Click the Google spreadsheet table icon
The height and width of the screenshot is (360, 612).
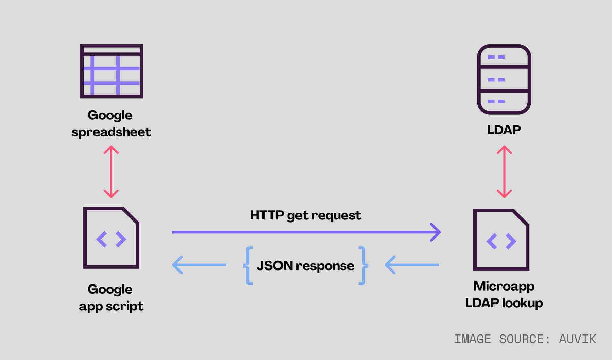(x=112, y=71)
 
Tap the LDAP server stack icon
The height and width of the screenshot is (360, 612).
(x=504, y=79)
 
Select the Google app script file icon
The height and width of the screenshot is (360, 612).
(x=111, y=238)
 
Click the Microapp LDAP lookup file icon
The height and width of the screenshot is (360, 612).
(x=501, y=240)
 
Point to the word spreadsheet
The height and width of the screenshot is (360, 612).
(x=111, y=132)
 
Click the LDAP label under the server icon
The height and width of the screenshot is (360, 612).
(x=504, y=130)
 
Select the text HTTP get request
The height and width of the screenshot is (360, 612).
(x=305, y=215)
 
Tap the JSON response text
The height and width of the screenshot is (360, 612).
(x=305, y=265)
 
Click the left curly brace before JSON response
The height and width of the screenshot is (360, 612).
(x=249, y=265)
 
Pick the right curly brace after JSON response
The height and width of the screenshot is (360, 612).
(x=363, y=265)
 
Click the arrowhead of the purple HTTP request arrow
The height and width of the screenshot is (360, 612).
(x=436, y=232)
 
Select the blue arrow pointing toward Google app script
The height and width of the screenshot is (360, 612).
(x=199, y=265)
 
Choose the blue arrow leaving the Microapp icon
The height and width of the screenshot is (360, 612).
(x=411, y=265)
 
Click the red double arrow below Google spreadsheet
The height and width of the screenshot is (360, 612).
(x=111, y=172)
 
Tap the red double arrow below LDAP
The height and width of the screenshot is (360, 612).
(x=504, y=172)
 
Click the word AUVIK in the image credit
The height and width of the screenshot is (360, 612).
(x=577, y=339)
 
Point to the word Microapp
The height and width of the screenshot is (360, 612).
(x=504, y=286)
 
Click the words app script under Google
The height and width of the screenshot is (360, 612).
(x=111, y=306)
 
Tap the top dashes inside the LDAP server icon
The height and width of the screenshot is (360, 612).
(x=496, y=57)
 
